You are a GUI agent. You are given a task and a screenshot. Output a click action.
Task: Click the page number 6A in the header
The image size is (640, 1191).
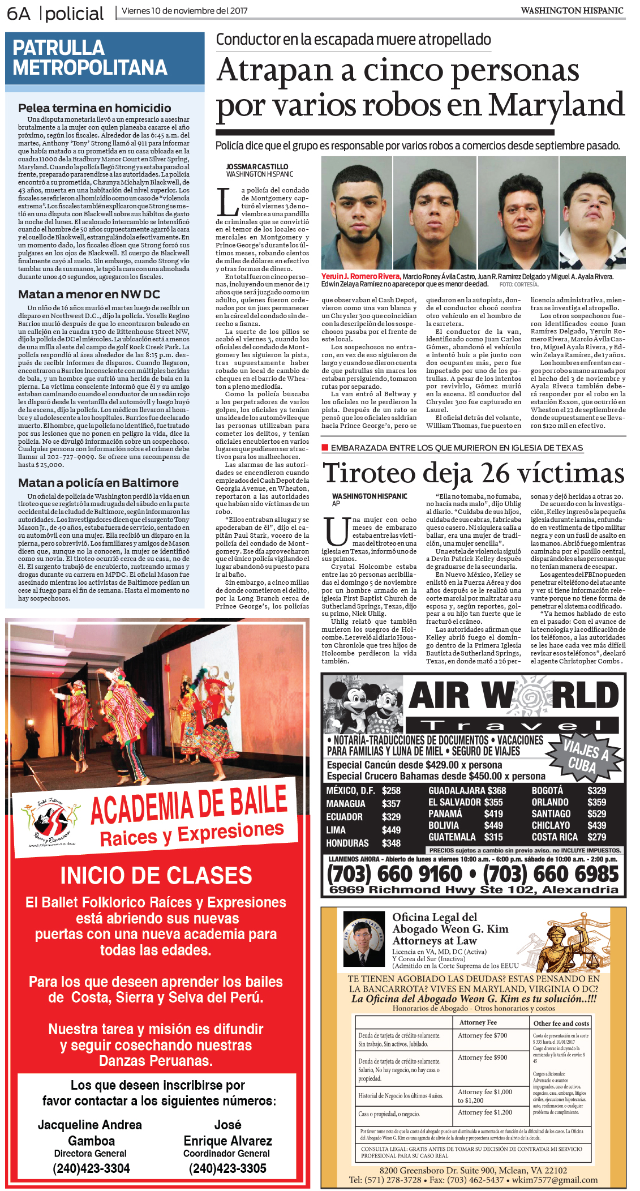click(x=18, y=13)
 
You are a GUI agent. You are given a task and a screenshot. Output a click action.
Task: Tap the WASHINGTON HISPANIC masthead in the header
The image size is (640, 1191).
click(x=572, y=10)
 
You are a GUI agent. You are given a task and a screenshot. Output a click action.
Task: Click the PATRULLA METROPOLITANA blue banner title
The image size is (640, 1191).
click(x=90, y=58)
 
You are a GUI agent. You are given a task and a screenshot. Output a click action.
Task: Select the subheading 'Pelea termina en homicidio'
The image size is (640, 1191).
click(x=95, y=108)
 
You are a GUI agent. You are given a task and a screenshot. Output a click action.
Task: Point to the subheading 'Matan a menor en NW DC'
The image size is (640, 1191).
click(x=89, y=294)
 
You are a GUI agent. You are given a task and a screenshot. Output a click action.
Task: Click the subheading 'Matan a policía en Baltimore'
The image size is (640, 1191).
click(x=98, y=483)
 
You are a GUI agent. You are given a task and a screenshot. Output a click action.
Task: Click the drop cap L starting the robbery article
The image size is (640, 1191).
click(x=227, y=203)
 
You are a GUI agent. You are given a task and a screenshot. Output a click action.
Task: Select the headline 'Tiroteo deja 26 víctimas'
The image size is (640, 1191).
click(x=473, y=473)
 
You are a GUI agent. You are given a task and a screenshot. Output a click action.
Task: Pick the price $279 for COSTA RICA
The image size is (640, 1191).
click(x=596, y=837)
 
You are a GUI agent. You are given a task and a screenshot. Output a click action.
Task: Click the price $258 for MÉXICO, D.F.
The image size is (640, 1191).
click(x=391, y=791)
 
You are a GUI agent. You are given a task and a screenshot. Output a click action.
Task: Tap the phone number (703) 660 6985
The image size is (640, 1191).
click(x=551, y=874)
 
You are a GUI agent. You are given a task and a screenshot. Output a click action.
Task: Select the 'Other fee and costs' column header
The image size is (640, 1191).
click(x=561, y=1023)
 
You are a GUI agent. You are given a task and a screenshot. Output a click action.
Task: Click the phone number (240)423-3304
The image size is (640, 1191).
click(x=91, y=1168)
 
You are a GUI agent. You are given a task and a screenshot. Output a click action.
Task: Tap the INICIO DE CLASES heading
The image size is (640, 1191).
click(x=156, y=876)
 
